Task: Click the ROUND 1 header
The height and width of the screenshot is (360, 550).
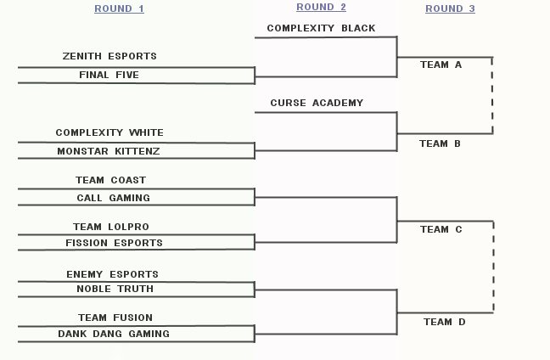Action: tap(119, 8)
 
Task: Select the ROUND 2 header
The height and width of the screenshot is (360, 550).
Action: tap(321, 8)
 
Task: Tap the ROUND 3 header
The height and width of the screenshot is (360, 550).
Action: tap(450, 8)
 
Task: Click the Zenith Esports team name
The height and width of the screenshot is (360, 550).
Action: tap(109, 57)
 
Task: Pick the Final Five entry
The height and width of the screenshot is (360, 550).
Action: tap(109, 76)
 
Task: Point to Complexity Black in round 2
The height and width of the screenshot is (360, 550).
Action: tap(321, 28)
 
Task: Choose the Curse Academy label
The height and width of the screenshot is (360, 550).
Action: tap(317, 104)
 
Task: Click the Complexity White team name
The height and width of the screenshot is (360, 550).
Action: tap(109, 133)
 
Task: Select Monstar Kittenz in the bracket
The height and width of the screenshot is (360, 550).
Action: tap(109, 151)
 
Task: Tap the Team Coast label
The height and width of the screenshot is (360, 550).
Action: tap(109, 180)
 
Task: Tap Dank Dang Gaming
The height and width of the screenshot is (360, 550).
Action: tap(113, 335)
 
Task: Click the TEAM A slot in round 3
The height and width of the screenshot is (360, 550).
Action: tap(440, 65)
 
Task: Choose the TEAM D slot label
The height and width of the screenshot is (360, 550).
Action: tap(444, 322)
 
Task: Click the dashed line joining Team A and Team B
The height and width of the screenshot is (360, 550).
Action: tap(492, 95)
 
